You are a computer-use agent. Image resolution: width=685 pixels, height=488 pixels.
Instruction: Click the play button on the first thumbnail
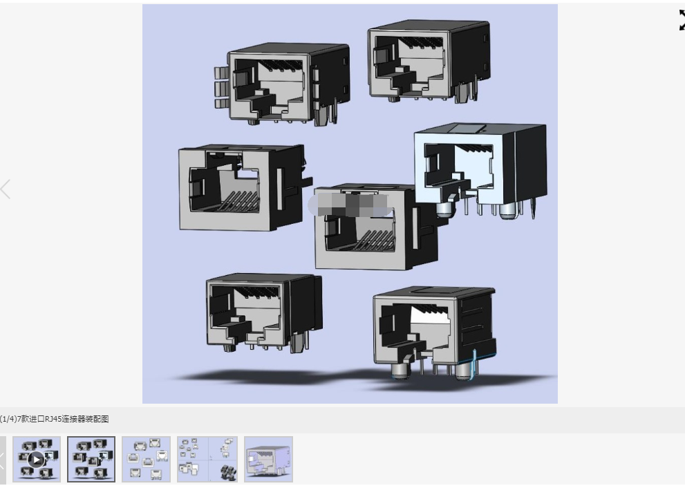click(36, 459)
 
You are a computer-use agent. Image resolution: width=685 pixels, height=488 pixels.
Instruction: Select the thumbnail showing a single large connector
click(268, 459)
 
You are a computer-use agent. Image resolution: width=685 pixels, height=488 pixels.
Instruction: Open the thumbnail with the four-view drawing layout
click(207, 459)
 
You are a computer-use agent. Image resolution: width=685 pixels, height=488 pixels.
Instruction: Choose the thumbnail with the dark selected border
click(91, 459)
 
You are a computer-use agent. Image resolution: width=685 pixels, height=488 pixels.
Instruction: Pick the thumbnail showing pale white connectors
click(147, 459)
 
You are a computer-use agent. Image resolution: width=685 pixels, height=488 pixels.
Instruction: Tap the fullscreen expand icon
click(682, 21)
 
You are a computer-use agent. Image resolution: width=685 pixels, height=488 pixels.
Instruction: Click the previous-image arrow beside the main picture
click(6, 189)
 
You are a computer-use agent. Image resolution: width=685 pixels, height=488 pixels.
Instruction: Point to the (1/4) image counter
click(8, 419)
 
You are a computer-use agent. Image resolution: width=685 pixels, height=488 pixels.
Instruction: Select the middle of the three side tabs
click(222, 88)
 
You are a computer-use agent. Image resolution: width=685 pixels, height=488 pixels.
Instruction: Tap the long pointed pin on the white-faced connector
click(533, 208)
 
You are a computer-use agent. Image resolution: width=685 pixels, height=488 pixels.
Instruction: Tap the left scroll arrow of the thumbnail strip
click(3, 459)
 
